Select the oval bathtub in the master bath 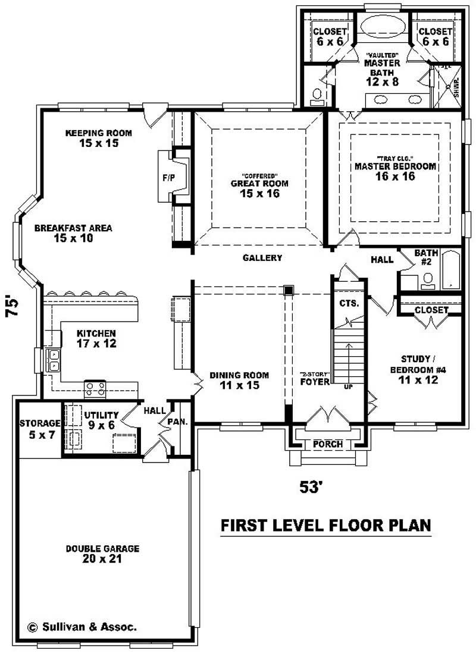(x=383, y=27)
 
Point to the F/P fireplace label (x=168, y=177)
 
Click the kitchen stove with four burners (x=95, y=389)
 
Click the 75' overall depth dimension (x=13, y=307)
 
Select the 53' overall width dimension (x=311, y=487)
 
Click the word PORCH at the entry (x=327, y=444)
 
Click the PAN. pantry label (x=178, y=422)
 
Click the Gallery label (x=262, y=257)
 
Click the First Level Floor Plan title (x=325, y=525)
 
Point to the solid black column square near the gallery (x=289, y=290)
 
